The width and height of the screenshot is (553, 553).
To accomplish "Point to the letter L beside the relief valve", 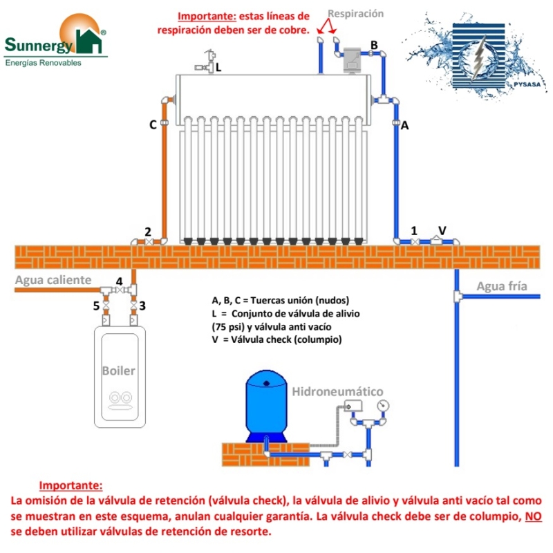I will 218,68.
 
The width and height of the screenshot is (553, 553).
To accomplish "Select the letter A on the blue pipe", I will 405,126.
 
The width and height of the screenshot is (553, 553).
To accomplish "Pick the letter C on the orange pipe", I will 153,125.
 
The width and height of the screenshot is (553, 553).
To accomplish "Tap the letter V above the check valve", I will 442,229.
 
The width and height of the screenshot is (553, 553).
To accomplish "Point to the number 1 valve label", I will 415,229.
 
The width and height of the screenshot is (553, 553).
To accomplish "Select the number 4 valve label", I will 119,281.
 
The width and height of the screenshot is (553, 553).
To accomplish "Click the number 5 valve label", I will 97,305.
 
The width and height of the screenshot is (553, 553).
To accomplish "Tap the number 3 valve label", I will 142,305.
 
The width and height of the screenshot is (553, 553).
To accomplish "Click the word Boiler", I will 119,371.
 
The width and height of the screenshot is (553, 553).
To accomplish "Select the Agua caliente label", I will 53,280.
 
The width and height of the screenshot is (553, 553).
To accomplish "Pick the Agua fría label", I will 502,286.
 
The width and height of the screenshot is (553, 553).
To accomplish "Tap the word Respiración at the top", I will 355,14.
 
